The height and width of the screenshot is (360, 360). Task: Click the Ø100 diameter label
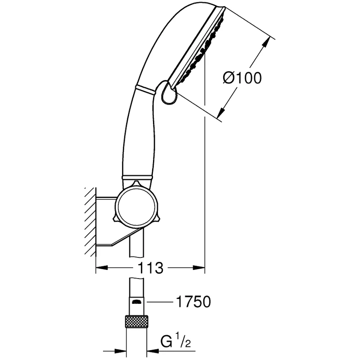click(x=242, y=78)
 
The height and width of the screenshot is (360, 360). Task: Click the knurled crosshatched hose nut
click(x=136, y=323)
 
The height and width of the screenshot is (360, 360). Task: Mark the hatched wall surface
click(x=90, y=220)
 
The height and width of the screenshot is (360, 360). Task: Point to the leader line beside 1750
click(x=160, y=302)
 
